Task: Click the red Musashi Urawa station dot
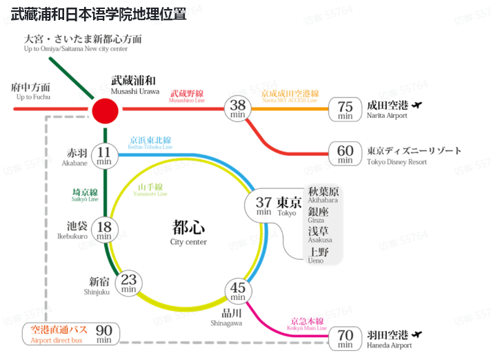point(106,109)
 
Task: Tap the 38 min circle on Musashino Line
point(238,108)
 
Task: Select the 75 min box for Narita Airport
point(345,109)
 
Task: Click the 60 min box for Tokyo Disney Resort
point(345,153)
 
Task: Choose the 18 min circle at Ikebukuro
point(105,230)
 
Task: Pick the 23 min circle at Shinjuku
point(129,282)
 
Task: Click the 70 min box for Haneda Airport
point(345,338)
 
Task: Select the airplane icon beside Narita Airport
point(415,105)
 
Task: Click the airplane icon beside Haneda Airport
point(417,334)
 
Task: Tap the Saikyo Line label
point(85,194)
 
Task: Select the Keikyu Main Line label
point(307,324)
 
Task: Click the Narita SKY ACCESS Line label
point(290,96)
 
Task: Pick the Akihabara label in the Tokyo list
point(323,194)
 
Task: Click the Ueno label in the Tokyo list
point(319,255)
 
